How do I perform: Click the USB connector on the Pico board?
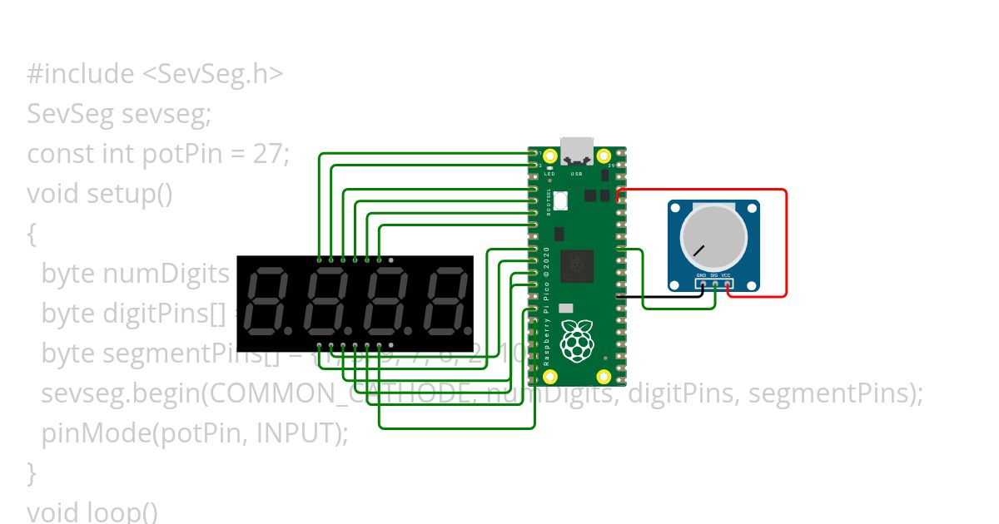coord(576,152)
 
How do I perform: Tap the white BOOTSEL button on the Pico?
coord(560,200)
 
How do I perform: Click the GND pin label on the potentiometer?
coord(702,274)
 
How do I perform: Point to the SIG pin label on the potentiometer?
coord(714,274)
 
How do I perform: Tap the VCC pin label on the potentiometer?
coord(727,274)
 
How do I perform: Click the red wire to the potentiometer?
coord(785,241)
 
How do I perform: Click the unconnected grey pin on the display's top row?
coord(391,260)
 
